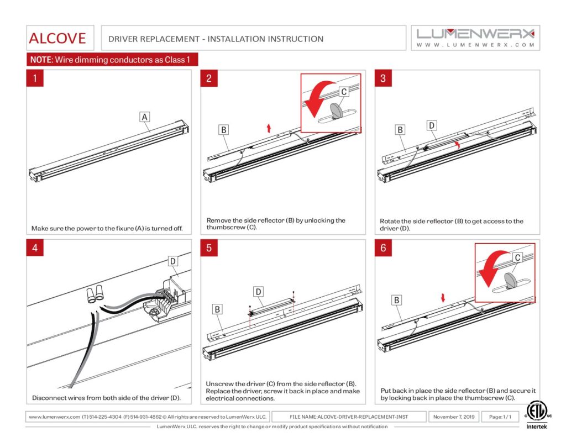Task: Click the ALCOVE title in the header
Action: pos(57,38)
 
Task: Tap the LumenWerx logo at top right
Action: pos(475,37)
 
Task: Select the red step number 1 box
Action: pos(35,78)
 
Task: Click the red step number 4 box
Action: pos(35,248)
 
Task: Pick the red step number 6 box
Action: pos(383,248)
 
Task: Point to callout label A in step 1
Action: pos(144,117)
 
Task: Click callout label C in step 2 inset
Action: pos(343,91)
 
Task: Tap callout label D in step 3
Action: pos(432,125)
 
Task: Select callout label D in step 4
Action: pos(172,260)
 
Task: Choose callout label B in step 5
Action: pos(218,309)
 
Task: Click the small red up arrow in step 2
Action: pos(269,128)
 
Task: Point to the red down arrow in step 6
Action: pos(442,298)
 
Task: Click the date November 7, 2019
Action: pos(454,417)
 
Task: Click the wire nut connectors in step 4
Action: pos(96,294)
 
